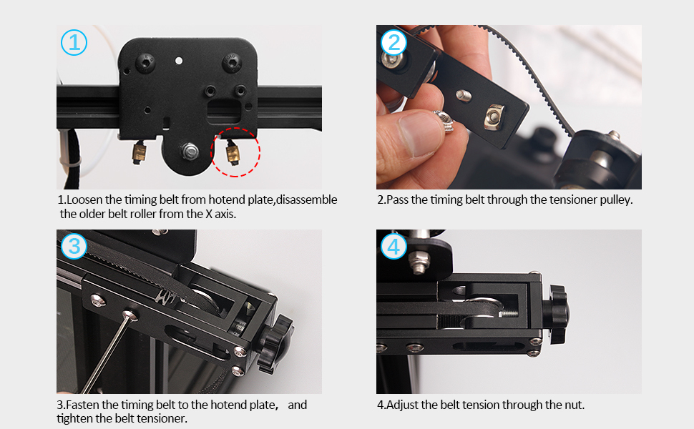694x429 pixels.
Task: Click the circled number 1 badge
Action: (x=74, y=42)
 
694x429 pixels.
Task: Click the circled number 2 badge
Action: (x=394, y=42)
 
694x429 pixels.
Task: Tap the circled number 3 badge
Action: (x=74, y=247)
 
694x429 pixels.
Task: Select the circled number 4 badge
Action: (x=394, y=247)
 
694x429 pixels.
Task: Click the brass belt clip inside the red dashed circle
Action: (x=233, y=153)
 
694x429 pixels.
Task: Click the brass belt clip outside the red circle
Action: (x=140, y=152)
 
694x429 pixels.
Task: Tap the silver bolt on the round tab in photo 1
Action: (x=190, y=152)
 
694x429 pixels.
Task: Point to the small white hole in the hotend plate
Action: (x=179, y=60)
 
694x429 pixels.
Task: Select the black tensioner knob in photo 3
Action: (x=276, y=343)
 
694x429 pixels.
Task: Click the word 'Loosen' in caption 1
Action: (x=84, y=200)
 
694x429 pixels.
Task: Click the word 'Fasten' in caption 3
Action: (x=82, y=405)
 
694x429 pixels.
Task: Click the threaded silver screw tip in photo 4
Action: (x=509, y=314)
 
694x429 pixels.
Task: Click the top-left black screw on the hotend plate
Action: (x=145, y=63)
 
